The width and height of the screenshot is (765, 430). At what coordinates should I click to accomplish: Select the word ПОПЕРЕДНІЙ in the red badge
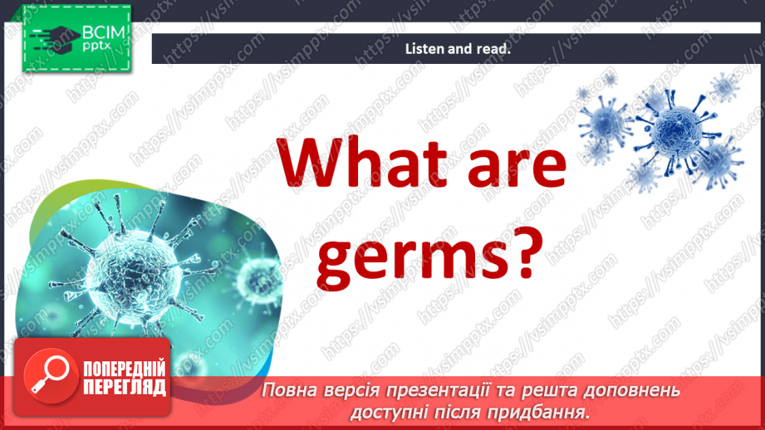[x=125, y=369]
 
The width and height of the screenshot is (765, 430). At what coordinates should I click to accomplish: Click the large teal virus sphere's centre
[x=132, y=265]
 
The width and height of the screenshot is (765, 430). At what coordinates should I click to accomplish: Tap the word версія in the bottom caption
[x=351, y=390]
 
